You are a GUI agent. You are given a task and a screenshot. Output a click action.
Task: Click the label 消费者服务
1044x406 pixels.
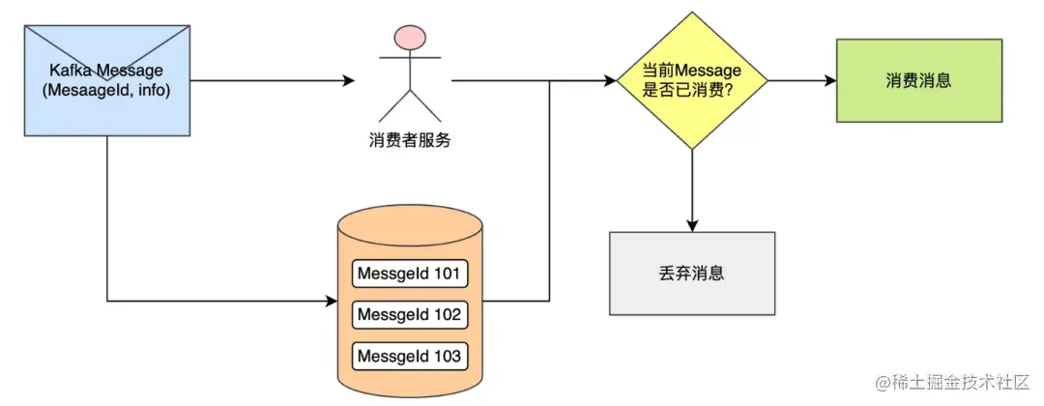(x=411, y=141)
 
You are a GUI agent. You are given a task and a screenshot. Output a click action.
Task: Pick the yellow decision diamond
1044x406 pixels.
(x=692, y=80)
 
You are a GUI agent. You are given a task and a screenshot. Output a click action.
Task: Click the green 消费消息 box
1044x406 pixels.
(x=918, y=80)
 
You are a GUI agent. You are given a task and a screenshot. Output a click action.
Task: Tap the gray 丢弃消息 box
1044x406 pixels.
(x=691, y=274)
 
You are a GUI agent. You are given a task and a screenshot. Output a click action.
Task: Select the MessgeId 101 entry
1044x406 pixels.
(x=410, y=274)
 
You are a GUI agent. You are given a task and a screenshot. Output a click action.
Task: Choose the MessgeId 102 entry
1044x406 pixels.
(x=410, y=315)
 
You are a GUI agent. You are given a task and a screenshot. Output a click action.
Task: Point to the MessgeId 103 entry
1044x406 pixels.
(x=410, y=357)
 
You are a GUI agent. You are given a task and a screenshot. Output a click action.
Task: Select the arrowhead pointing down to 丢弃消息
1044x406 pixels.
(x=692, y=224)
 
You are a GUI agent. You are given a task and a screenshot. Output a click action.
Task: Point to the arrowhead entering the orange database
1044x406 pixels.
(x=331, y=302)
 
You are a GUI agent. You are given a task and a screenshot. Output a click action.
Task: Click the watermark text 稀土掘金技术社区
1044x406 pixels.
(x=963, y=384)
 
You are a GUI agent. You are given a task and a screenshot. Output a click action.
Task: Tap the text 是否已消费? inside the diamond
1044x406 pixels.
(x=692, y=91)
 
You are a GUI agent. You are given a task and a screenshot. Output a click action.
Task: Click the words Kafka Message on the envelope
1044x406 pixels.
(x=106, y=71)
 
